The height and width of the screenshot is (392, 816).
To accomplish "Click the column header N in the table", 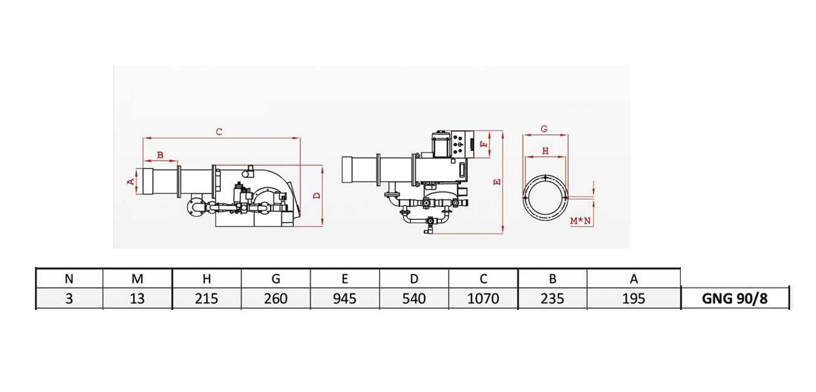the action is pos(69,279).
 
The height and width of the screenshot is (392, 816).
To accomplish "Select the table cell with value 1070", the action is pos(483,299).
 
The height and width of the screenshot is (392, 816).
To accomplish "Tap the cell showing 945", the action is pos(344,299).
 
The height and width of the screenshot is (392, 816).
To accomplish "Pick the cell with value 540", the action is pos(414,299).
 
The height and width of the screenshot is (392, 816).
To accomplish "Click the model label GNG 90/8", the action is pos(735,299).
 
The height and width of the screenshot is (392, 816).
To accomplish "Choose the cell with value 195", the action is pos(634,299).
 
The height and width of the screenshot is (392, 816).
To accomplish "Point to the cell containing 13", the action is pos(138,299).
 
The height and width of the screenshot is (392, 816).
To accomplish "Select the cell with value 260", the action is pos(276,299).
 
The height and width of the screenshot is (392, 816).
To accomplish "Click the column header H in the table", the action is pos(207,279).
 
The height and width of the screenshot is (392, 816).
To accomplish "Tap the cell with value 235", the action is pos(552,299).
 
